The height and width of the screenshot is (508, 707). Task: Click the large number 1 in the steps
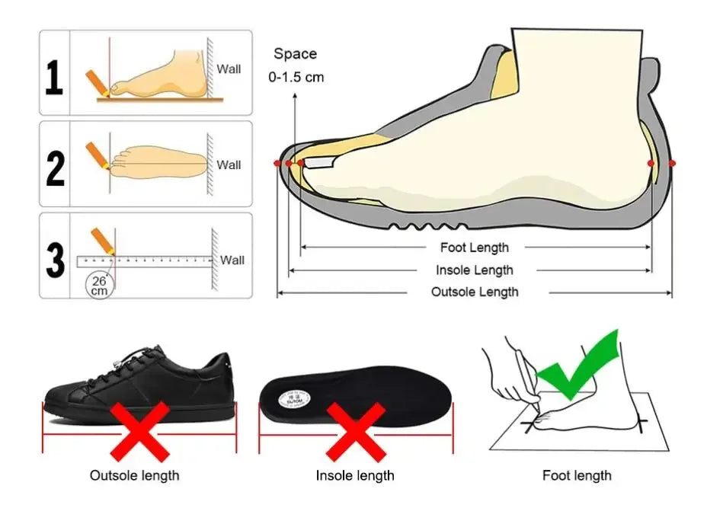(53, 78)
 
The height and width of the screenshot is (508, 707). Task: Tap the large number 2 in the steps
(55, 169)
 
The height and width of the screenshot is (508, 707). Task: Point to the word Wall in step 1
(229, 69)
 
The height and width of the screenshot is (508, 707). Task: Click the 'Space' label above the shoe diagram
(295, 54)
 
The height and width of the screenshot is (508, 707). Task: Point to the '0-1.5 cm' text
(296, 77)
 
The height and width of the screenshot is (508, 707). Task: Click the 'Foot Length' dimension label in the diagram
(474, 248)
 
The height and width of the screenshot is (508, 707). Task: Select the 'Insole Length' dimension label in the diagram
(474, 270)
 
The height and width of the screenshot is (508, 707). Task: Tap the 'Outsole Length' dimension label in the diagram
(474, 292)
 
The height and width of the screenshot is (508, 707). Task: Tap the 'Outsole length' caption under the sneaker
(135, 475)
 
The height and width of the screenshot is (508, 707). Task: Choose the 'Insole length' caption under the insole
(355, 475)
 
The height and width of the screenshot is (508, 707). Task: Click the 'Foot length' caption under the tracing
(577, 475)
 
